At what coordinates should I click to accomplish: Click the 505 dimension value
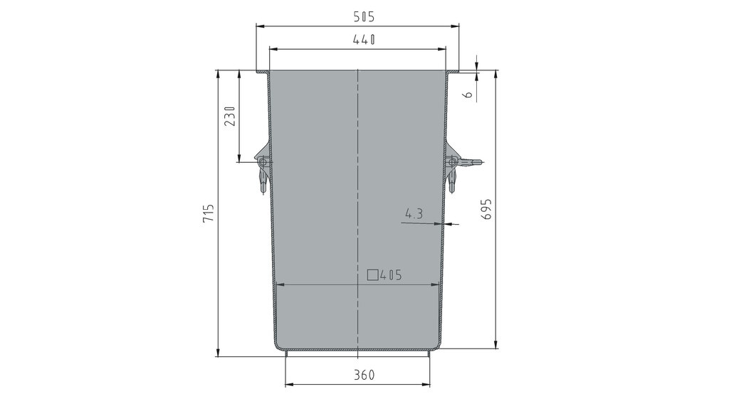364,17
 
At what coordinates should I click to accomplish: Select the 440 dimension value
364,40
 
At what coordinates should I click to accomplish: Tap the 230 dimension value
230,116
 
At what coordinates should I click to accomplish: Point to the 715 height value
209,213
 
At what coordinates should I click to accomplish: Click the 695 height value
486,209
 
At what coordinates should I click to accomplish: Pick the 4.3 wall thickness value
414,214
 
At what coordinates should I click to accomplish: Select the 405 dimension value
391,275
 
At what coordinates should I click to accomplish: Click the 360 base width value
364,375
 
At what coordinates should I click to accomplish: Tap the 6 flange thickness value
468,94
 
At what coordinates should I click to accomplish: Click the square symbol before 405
372,275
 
